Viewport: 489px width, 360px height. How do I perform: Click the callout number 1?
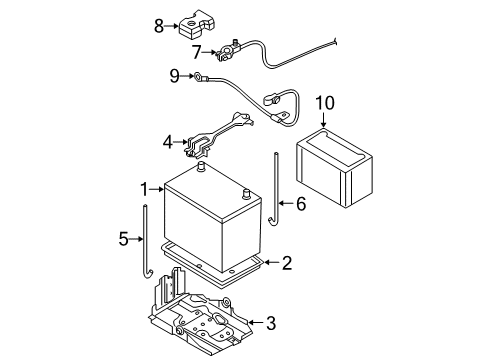(x=144, y=189)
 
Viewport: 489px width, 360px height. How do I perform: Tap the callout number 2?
(x=287, y=263)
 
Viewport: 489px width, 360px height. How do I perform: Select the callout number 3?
(x=271, y=323)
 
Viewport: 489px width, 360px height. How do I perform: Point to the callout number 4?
(x=168, y=142)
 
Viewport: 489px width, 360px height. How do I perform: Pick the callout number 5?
(x=123, y=239)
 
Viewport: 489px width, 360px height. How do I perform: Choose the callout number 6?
(x=301, y=204)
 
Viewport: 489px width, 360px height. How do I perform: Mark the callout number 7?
(x=197, y=52)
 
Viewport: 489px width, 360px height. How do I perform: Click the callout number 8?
(x=159, y=26)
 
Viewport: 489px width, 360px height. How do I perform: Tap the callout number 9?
(x=175, y=76)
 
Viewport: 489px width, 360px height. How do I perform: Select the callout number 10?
(x=325, y=103)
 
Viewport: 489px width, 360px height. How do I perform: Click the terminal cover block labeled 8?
(x=195, y=23)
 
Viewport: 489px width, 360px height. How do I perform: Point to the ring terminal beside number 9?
(x=198, y=77)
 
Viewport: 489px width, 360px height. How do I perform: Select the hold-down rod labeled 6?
(x=275, y=190)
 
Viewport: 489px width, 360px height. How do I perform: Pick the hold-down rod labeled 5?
(x=146, y=242)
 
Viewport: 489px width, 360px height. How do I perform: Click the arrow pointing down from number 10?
(x=323, y=119)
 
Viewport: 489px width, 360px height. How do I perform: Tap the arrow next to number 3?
(x=255, y=322)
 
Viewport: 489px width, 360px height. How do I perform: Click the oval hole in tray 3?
(x=220, y=318)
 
